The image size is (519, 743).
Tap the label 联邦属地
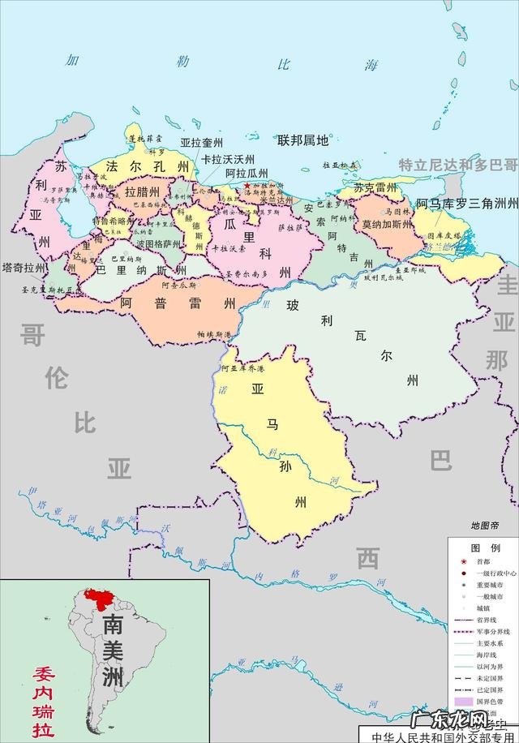303,140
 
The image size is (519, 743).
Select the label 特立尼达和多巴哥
457,164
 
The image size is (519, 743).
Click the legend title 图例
485,548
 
